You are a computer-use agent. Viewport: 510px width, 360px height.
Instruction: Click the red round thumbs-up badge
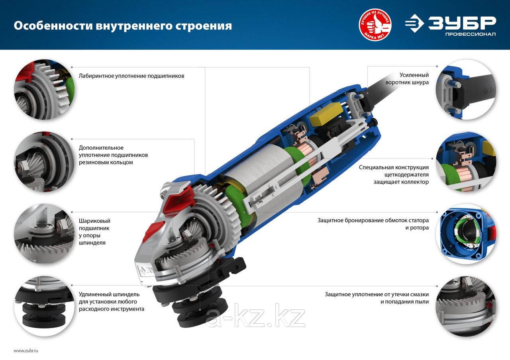(x=375, y=25)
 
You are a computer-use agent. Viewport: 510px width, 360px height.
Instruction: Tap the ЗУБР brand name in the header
(x=462, y=23)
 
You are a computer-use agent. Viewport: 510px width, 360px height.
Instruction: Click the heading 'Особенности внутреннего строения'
(x=123, y=26)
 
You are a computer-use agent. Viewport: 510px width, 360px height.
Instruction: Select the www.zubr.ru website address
(x=26, y=351)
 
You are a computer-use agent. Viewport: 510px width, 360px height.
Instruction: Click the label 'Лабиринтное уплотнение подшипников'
(x=131, y=76)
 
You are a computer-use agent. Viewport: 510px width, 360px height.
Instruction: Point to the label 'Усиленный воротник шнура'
(x=407, y=78)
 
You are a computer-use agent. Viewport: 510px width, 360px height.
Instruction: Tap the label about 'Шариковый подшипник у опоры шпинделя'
(x=94, y=232)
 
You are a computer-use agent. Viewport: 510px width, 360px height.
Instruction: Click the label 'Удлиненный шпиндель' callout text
(x=111, y=301)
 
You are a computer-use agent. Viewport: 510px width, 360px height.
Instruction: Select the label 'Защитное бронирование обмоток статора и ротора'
(x=373, y=224)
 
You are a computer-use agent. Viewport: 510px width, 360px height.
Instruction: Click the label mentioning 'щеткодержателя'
(x=394, y=174)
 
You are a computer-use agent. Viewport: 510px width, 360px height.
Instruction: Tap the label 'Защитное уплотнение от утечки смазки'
(x=377, y=298)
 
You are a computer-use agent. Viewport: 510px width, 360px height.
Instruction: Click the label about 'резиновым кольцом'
(x=113, y=155)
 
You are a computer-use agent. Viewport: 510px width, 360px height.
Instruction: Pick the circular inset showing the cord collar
(x=466, y=90)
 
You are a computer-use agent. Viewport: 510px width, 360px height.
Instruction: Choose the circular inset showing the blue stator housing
(x=466, y=234)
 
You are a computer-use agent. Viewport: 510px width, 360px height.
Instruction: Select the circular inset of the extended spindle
(x=44, y=306)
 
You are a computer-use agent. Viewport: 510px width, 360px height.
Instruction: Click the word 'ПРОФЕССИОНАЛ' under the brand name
(x=471, y=34)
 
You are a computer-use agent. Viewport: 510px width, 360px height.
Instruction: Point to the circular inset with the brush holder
(x=466, y=162)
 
